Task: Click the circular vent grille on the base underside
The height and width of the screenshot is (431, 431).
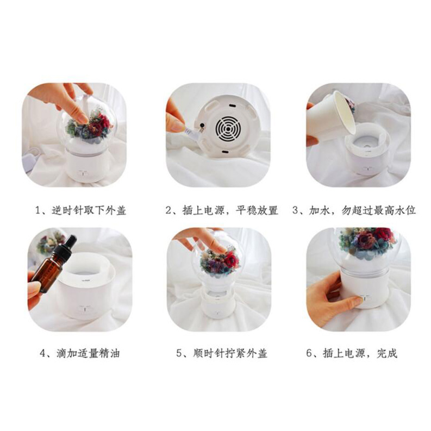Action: click(x=228, y=129)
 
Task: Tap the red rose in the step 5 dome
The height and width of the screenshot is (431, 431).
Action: click(x=230, y=259)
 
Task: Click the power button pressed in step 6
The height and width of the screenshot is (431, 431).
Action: click(x=362, y=298)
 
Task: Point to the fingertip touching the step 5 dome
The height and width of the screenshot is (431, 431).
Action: click(x=220, y=249)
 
